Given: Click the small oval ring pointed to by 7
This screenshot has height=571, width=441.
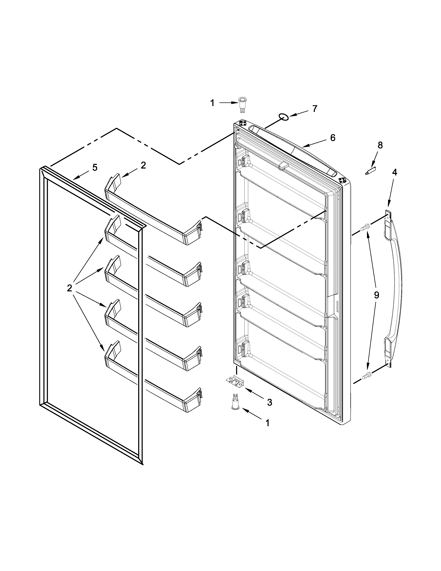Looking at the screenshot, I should (x=283, y=117).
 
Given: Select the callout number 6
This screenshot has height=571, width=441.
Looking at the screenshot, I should (x=333, y=138).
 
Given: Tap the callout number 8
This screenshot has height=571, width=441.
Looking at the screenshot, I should (x=380, y=145).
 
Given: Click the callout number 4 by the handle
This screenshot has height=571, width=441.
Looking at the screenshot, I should (x=394, y=172).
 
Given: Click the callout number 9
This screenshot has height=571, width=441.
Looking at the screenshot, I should (x=376, y=295).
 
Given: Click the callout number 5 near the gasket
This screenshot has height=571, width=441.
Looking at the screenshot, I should (x=95, y=168).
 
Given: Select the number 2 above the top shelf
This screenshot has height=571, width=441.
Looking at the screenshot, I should (x=143, y=165).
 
